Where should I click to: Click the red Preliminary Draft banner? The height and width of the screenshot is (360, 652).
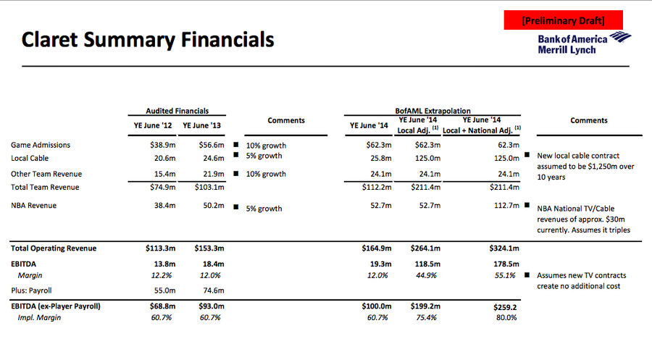[564, 20]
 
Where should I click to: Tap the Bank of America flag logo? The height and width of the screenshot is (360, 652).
[620, 37]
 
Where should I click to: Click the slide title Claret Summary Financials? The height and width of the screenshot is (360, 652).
[148, 40]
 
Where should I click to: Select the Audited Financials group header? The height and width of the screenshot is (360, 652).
[177, 111]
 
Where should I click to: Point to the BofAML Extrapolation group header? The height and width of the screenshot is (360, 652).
[432, 111]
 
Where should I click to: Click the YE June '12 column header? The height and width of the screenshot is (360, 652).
[153, 125]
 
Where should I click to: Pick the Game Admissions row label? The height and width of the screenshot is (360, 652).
[41, 145]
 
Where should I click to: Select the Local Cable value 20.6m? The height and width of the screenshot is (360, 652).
[164, 159]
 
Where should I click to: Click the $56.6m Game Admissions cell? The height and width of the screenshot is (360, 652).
[212, 145]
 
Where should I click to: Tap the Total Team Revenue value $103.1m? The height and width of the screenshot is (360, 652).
[209, 188]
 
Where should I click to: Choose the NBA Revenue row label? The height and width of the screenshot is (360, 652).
[33, 206]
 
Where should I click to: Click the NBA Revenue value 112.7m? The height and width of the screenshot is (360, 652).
[506, 206]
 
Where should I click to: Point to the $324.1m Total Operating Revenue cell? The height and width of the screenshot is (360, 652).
[504, 248]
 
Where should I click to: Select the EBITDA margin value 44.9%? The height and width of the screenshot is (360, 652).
[426, 275]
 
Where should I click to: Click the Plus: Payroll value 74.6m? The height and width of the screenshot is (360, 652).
[214, 290]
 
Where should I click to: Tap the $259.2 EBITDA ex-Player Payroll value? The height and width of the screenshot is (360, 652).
[505, 308]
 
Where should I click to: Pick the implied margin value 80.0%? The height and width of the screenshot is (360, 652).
[506, 317]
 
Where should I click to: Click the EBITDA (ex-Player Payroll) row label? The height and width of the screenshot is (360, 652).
[56, 306]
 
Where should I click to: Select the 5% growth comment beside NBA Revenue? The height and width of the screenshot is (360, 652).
[264, 209]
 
